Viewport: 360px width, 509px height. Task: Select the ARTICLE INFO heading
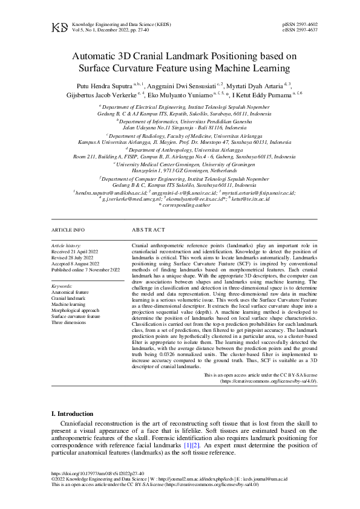pyautogui.click(x=68, y=230)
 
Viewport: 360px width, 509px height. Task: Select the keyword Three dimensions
pyautogui.click(x=69, y=322)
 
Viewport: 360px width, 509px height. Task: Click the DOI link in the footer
pyautogui.click(x=97, y=473)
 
